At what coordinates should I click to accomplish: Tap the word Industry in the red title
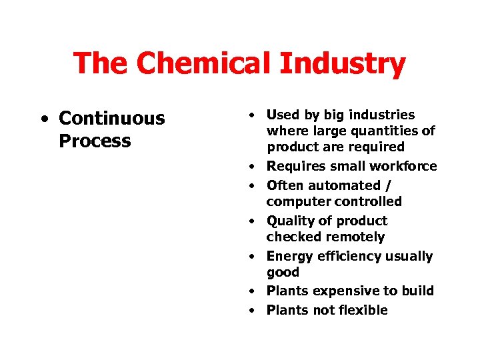point(343,65)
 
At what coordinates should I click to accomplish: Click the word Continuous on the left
point(111,119)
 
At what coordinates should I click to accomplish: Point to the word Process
point(95,141)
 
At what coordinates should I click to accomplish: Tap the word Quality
point(289,221)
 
